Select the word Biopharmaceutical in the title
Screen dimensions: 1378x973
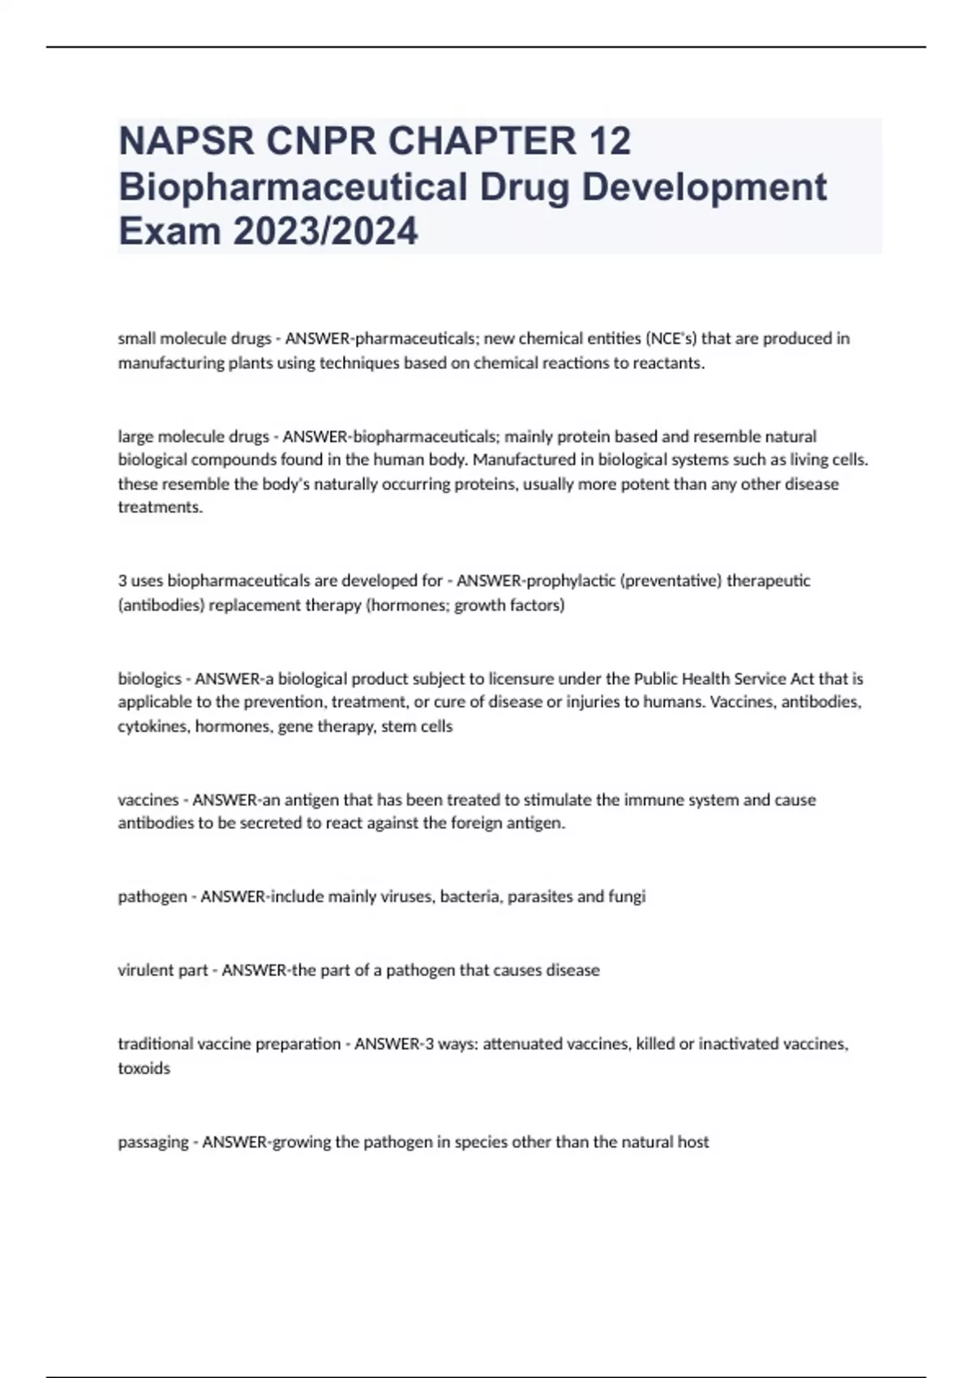coord(293,186)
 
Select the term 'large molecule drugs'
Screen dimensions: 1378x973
coord(193,436)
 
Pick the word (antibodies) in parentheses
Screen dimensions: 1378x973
coord(161,605)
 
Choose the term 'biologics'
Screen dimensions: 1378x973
coord(149,678)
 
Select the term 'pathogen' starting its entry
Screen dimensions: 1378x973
coord(152,897)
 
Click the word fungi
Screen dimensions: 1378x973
coord(627,897)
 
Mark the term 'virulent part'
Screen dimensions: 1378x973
coord(163,969)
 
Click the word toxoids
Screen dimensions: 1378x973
coord(144,1068)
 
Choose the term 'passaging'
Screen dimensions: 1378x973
coord(153,1141)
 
